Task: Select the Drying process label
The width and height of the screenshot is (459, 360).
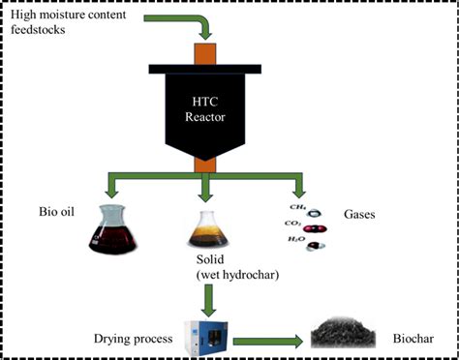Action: (134, 341)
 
